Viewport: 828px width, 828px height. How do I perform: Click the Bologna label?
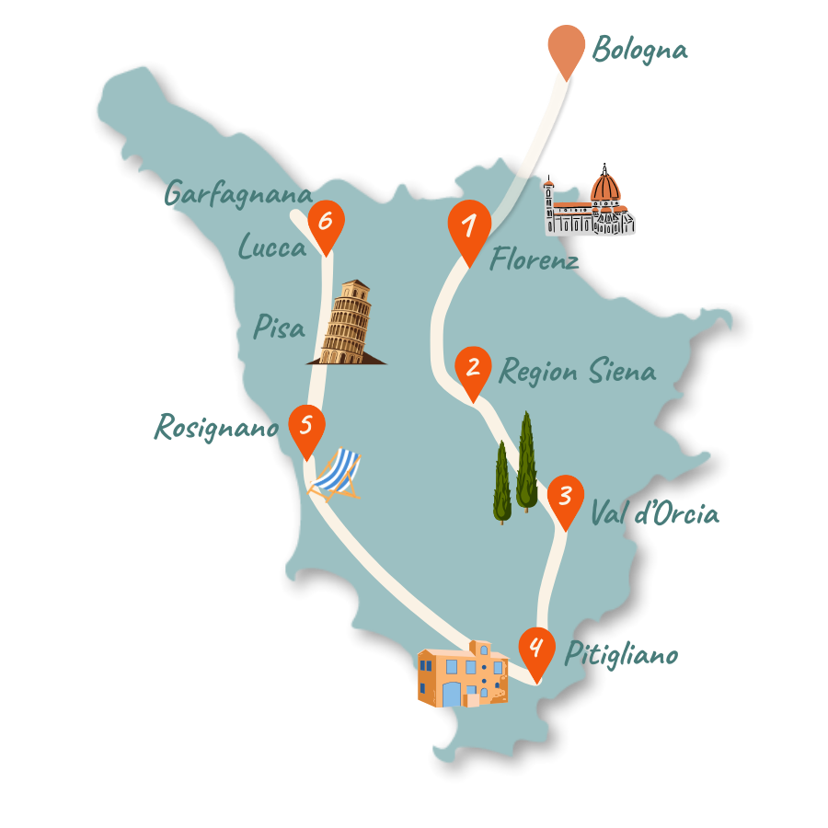tap(639, 50)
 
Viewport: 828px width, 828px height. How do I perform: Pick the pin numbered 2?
tap(473, 370)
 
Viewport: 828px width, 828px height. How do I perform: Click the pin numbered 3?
tap(565, 498)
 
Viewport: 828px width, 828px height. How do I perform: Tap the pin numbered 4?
tap(536, 649)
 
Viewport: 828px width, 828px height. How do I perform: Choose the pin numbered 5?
tap(306, 427)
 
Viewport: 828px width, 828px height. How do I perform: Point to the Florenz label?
tap(534, 260)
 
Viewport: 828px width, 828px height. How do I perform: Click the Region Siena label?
tap(577, 372)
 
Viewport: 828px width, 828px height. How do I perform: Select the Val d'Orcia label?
tap(654, 513)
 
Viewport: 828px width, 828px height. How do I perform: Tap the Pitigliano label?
tap(621, 655)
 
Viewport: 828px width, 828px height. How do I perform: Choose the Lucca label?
tap(271, 247)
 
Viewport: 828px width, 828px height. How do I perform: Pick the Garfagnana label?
tap(237, 194)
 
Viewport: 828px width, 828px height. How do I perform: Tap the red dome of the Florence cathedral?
tap(605, 189)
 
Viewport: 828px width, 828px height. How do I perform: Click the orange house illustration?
tap(462, 676)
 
